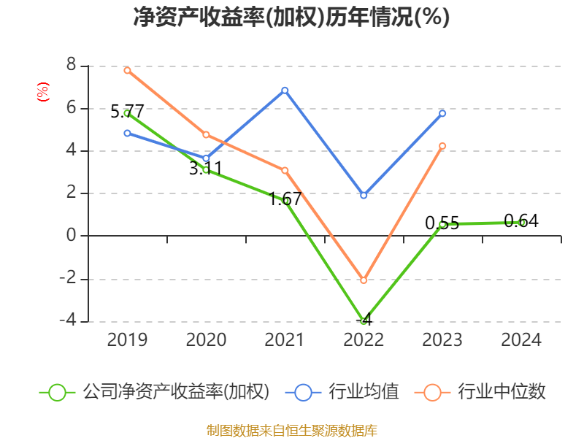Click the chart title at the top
291,18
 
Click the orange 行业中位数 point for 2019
127,71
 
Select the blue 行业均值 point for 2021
285,91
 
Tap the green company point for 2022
364,320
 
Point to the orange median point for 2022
364,280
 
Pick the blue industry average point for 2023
442,113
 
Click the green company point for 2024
521,222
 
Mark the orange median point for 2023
442,146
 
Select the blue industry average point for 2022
364,196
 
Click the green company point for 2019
127,113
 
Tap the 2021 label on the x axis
285,340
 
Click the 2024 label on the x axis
521,340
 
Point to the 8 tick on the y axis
71,66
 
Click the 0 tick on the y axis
71,236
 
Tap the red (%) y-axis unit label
43,92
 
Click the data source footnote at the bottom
291,430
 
